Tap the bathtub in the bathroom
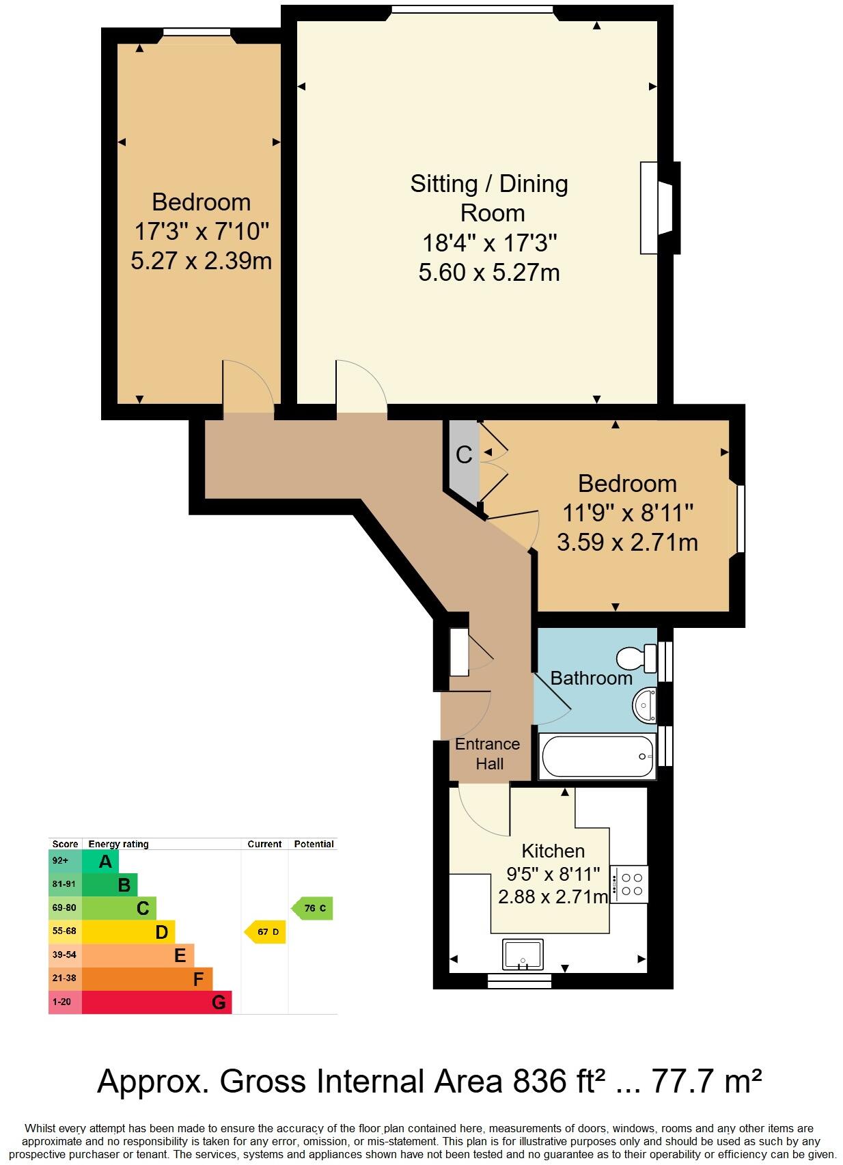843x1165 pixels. tap(597, 756)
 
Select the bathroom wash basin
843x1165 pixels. tap(644, 704)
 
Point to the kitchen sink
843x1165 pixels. tap(523, 955)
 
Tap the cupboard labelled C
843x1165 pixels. tap(464, 455)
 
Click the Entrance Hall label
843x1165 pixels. tap(488, 754)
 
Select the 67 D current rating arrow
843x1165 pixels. tap(265, 932)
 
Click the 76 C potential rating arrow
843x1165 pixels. tap(313, 908)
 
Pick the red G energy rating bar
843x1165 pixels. tap(157, 1002)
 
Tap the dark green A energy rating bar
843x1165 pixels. tap(101, 861)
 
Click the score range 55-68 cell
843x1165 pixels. tap(64, 931)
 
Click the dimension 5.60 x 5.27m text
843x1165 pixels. tap(489, 273)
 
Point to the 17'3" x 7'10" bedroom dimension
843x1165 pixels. tap(201, 232)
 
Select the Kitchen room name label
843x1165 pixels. tap(553, 851)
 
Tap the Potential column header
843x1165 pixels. tap(314, 844)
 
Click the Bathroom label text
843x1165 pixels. tap(591, 679)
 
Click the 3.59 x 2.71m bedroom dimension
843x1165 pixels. tap(626, 543)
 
